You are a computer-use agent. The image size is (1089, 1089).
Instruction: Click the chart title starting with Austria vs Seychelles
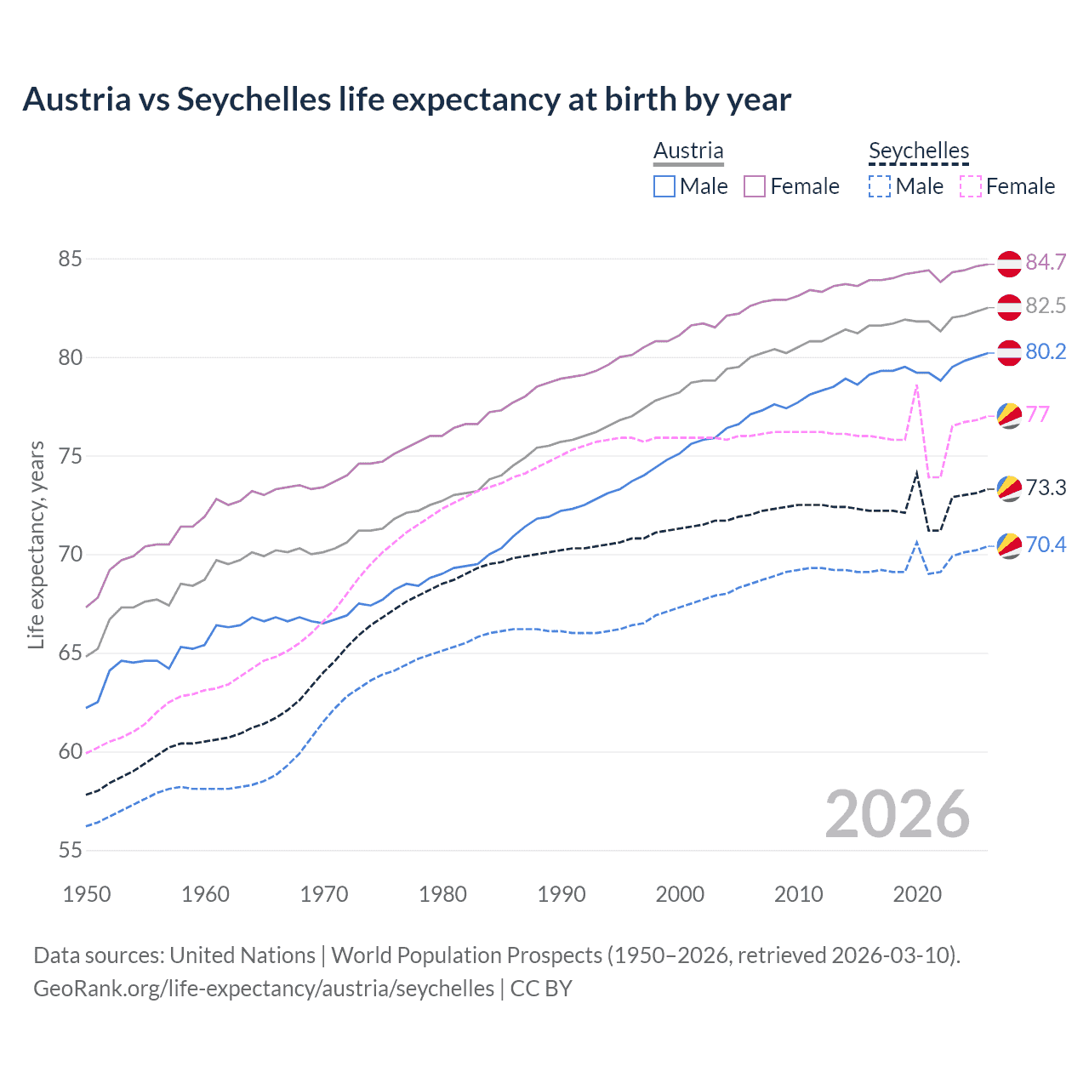pyautogui.click(x=407, y=100)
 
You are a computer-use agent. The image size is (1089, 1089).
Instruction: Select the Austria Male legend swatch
pyautogui.click(x=664, y=186)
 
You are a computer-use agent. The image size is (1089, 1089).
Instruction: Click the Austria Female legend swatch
pyautogui.click(x=755, y=186)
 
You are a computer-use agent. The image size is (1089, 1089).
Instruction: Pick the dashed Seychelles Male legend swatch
pyautogui.click(x=880, y=186)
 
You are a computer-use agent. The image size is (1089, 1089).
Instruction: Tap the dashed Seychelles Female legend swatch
pyautogui.click(x=970, y=186)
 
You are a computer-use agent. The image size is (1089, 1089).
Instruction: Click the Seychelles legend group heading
pyautogui.click(x=919, y=151)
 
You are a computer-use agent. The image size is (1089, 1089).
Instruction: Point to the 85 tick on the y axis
pyautogui.click(x=70, y=259)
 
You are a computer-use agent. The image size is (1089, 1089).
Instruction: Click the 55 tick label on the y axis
pyautogui.click(x=70, y=850)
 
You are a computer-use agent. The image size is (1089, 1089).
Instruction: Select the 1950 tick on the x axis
pyautogui.click(x=87, y=894)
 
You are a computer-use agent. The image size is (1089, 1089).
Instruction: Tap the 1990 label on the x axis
pyautogui.click(x=562, y=894)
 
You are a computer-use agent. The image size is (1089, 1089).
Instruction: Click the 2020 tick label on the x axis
pyautogui.click(x=917, y=894)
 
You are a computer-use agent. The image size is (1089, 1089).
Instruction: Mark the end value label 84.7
pyautogui.click(x=1046, y=262)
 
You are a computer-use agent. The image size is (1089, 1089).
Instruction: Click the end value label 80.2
pyautogui.click(x=1046, y=351)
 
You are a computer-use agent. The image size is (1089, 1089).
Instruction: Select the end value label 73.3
pyautogui.click(x=1046, y=487)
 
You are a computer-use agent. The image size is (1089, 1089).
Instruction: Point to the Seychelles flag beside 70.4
pyautogui.click(x=1009, y=545)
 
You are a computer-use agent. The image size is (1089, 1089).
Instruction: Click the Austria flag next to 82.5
pyautogui.click(x=1009, y=306)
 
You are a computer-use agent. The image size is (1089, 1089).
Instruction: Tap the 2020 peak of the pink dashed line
pyautogui.click(x=916, y=385)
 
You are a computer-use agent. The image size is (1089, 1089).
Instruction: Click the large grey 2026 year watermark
pyautogui.click(x=898, y=814)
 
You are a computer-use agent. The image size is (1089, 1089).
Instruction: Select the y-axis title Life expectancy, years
pyautogui.click(x=36, y=544)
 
